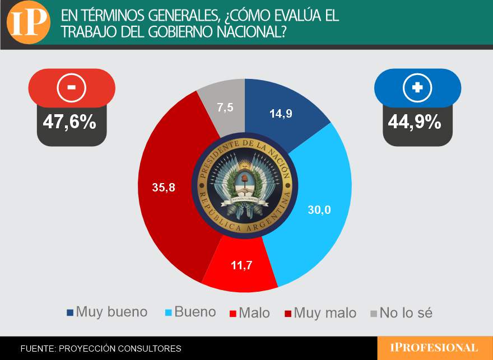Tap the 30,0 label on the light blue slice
pyautogui.click(x=319, y=210)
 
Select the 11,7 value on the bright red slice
pyautogui.click(x=241, y=265)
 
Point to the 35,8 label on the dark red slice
pyautogui.click(x=164, y=188)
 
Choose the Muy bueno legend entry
pyautogui.click(x=107, y=312)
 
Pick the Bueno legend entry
pyautogui.click(x=190, y=312)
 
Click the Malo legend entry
pyautogui.click(x=250, y=312)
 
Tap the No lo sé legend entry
pyautogui.click(x=401, y=312)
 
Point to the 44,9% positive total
pyautogui.click(x=415, y=121)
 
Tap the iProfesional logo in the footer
pyautogui.click(x=434, y=348)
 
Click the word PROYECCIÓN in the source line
pyautogui.click(x=90, y=348)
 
